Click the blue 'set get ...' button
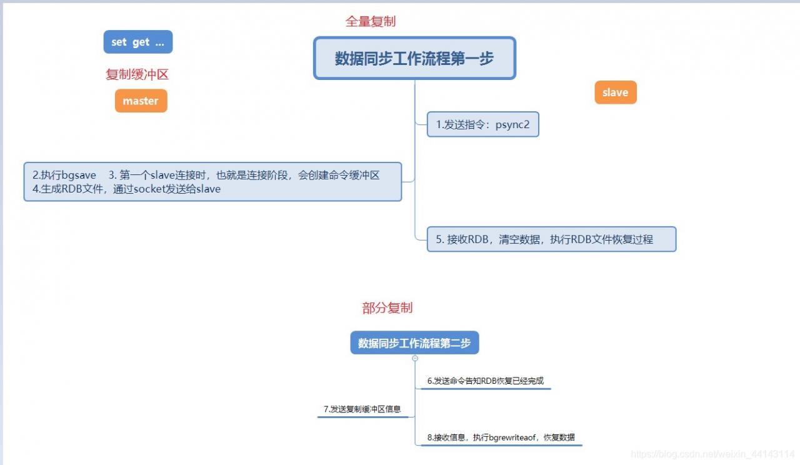(138, 42)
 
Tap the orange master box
(141, 101)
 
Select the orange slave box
(616, 92)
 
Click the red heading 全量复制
(371, 21)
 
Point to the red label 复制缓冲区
(137, 74)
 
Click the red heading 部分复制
(387, 308)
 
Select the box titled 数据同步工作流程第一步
(414, 58)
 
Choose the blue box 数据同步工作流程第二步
(414, 343)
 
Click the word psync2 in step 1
(512, 124)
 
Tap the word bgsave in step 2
(79, 176)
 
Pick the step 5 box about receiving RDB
(551, 239)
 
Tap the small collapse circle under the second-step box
(414, 358)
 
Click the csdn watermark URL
(712, 454)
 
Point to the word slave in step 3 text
(162, 175)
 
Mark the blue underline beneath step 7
(363, 417)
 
